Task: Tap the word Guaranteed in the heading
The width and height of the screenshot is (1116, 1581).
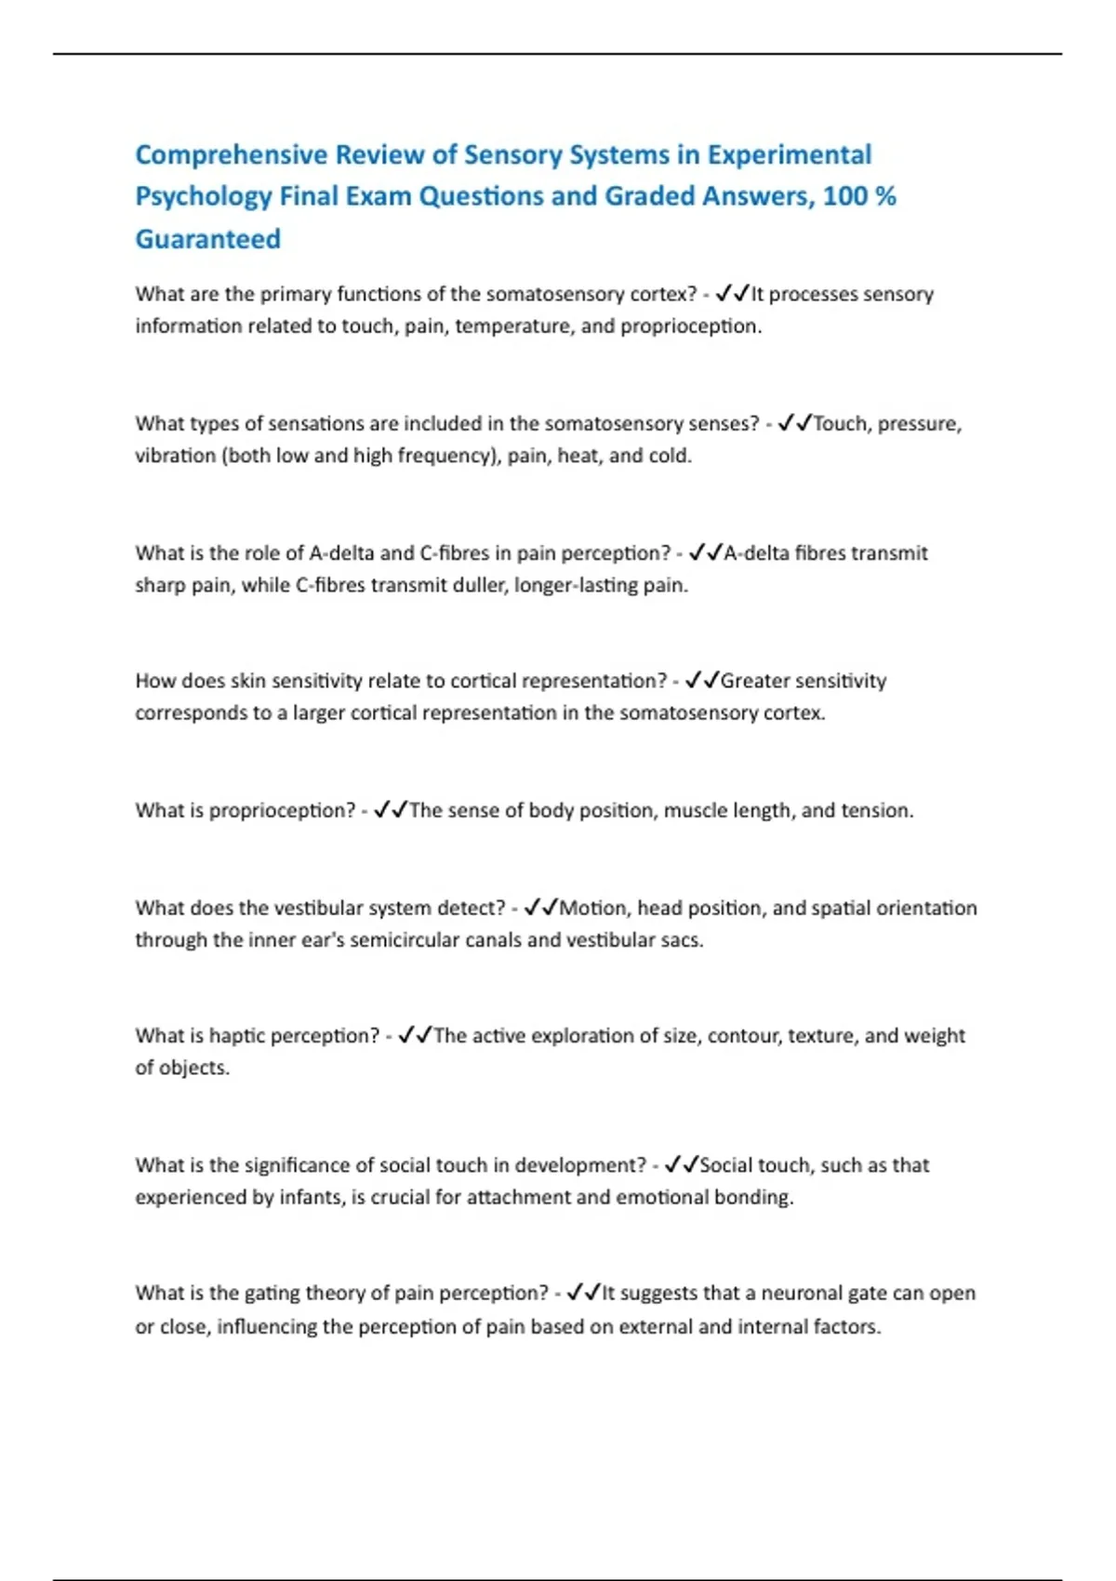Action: [x=208, y=239]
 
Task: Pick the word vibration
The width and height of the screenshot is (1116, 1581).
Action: [x=175, y=456]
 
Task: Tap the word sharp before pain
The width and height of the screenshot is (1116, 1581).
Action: [x=160, y=585]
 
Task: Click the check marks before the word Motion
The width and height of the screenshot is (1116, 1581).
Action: [x=540, y=908]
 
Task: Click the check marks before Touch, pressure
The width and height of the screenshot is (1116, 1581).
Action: [x=794, y=424]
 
